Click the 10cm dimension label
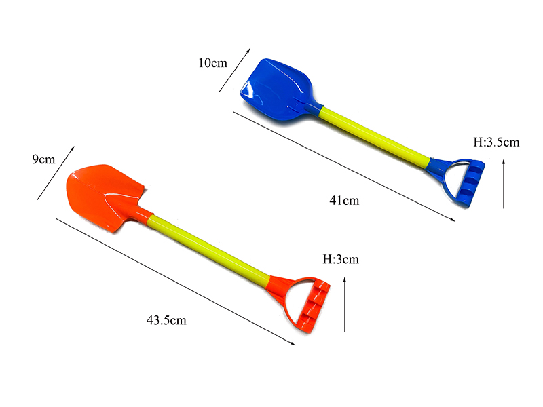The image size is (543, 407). [x=212, y=63]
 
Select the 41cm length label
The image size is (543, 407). [x=344, y=200]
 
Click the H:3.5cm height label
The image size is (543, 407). [x=496, y=142]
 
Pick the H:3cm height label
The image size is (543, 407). [x=340, y=259]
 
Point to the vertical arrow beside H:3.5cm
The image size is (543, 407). [x=504, y=183]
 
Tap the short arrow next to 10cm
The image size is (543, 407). [x=234, y=69]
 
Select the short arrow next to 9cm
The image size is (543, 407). [x=56, y=173]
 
